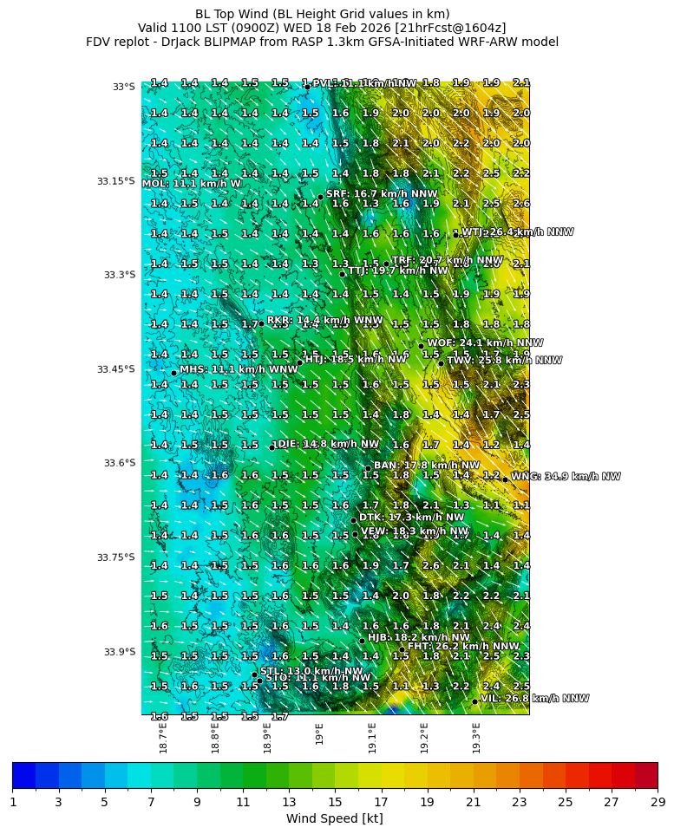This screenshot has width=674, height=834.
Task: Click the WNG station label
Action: click(x=566, y=477)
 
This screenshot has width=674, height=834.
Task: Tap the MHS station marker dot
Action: click(x=174, y=373)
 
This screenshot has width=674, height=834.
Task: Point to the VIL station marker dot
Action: click(x=474, y=700)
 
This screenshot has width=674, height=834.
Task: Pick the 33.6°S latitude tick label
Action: click(x=117, y=463)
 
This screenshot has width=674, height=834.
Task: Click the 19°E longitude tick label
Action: click(x=319, y=733)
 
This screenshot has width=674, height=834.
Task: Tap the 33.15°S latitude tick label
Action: click(x=115, y=181)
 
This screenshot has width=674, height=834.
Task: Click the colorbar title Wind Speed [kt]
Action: click(x=334, y=818)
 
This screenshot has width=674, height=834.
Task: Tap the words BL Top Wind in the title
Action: click(x=232, y=14)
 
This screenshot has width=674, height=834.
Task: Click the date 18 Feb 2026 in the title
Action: click(x=348, y=28)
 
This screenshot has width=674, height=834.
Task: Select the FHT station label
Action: click(x=463, y=646)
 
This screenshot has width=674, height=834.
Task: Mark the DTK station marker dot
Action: click(x=353, y=520)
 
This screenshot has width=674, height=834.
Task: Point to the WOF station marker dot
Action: click(x=421, y=346)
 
